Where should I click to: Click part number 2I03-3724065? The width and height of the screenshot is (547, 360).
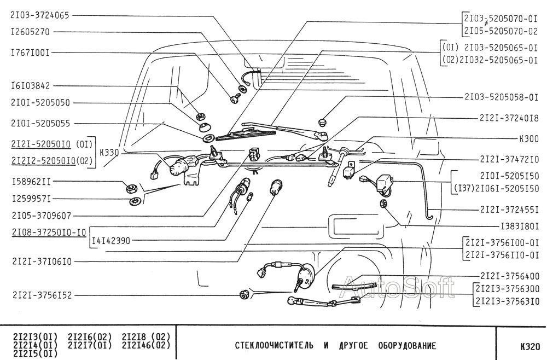[x=39, y=15]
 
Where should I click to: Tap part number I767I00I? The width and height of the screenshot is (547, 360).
[x=31, y=53]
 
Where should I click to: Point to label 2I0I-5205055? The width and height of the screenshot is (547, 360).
[x=40, y=124]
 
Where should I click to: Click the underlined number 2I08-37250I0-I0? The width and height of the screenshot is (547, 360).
[x=48, y=232]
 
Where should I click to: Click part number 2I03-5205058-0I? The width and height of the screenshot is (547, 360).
[x=501, y=97]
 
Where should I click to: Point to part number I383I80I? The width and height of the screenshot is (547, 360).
[x=520, y=225]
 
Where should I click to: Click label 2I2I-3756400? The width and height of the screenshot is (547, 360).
[x=509, y=276]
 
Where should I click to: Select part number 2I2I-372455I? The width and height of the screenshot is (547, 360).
[x=509, y=210]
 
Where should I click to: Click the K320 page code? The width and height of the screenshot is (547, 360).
[x=529, y=346]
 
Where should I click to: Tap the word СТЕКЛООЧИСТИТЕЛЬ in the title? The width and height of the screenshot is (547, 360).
[x=274, y=346]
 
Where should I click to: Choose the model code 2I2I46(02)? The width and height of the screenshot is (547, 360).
[x=146, y=344]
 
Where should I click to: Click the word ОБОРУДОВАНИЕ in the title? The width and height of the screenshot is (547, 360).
[x=407, y=346]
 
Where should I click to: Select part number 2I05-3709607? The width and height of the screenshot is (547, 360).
[x=40, y=216]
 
